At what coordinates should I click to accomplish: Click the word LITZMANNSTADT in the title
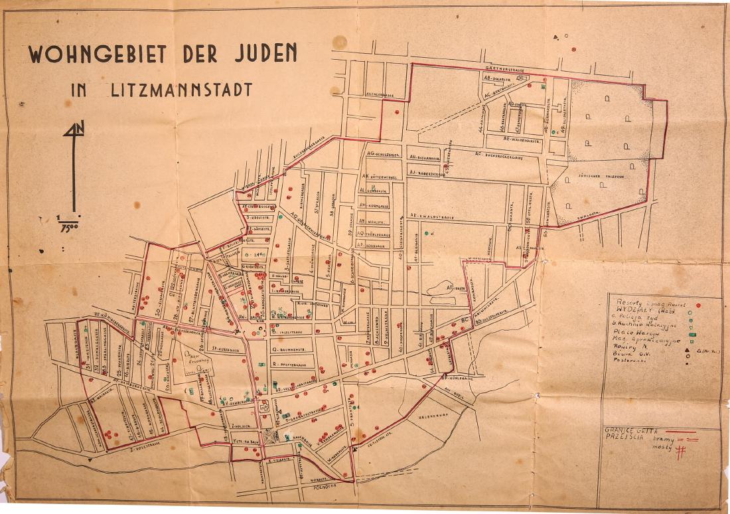point(181,89)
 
